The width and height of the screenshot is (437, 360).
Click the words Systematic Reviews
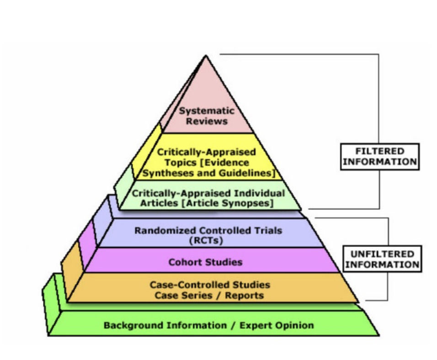tap(207, 116)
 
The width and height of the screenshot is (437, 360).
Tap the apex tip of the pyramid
tap(206, 56)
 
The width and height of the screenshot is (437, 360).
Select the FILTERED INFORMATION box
tap(379, 156)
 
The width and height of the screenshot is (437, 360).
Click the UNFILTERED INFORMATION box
tap(382, 259)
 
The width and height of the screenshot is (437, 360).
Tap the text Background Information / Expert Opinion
tap(208, 325)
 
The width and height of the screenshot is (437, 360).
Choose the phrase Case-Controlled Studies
tap(210, 285)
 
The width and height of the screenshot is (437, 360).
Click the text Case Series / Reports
tap(209, 295)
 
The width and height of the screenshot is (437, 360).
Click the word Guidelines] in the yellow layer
tap(250, 173)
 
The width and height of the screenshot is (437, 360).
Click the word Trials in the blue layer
tap(268, 230)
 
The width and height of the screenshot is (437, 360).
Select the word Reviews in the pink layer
tap(207, 122)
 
